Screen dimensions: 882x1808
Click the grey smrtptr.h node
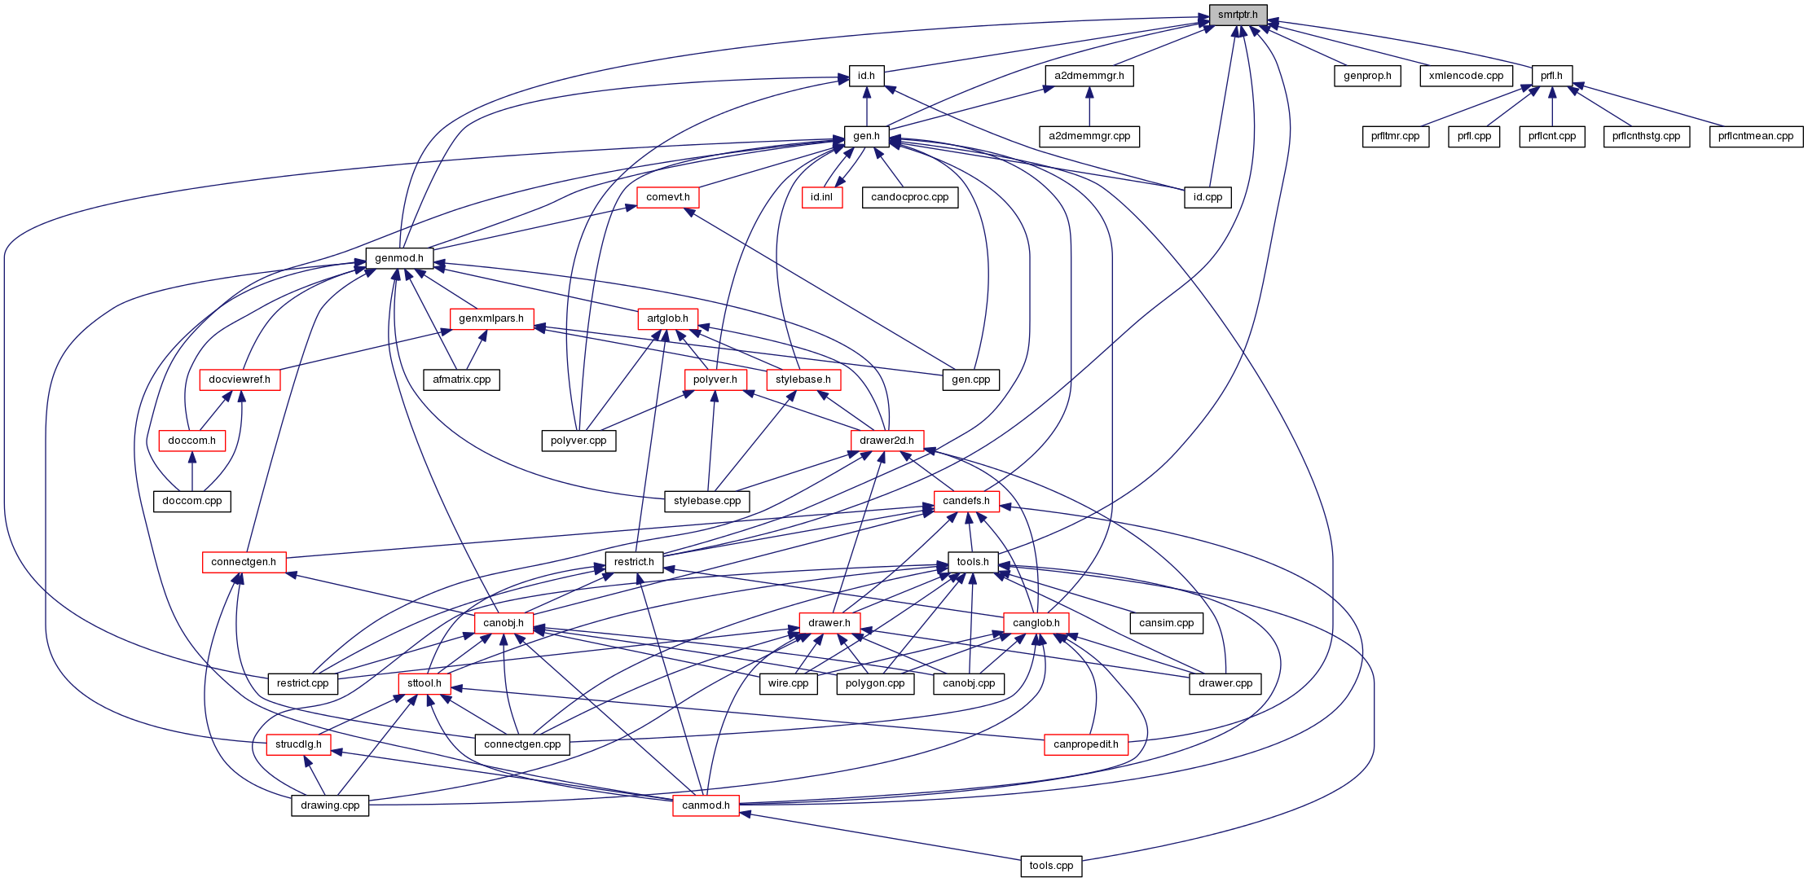click(1238, 15)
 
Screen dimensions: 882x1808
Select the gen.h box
click(866, 136)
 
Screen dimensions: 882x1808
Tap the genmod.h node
click(399, 258)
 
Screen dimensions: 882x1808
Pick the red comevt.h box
click(667, 197)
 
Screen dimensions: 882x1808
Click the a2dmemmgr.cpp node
click(1089, 136)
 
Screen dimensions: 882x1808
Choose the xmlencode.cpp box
click(1466, 76)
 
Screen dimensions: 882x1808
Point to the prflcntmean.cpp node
click(1756, 136)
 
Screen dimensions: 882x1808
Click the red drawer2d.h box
click(886, 441)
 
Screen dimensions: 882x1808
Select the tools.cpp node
click(1051, 866)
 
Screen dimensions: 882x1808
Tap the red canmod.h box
click(706, 805)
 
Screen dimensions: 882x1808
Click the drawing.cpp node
click(330, 805)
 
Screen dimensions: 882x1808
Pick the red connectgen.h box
click(244, 562)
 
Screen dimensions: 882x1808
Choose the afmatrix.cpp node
click(461, 380)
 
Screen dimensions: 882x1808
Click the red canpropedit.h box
click(1085, 744)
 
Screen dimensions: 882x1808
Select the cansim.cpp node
click(1167, 623)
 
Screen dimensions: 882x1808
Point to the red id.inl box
click(821, 197)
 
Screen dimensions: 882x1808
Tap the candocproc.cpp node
click(909, 197)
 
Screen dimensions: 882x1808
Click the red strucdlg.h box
click(298, 744)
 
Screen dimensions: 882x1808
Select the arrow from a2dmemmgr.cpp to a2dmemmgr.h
click(1089, 106)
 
